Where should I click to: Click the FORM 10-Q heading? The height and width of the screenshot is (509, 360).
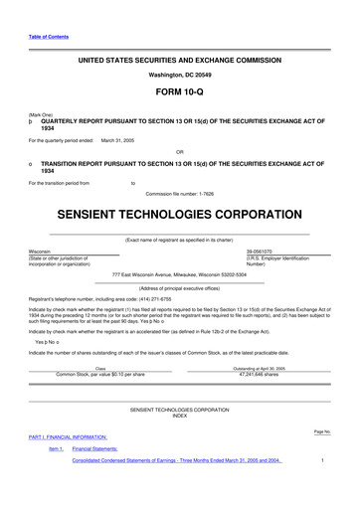click(180, 91)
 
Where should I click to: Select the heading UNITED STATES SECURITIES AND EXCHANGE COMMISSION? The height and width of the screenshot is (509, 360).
click(180, 61)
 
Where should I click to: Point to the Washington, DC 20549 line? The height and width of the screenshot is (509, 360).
click(180, 75)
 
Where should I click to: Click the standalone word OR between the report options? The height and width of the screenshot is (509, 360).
click(180, 152)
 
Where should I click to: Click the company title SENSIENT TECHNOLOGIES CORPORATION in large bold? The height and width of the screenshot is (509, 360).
click(180, 215)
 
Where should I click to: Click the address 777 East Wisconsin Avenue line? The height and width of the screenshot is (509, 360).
click(180, 273)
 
